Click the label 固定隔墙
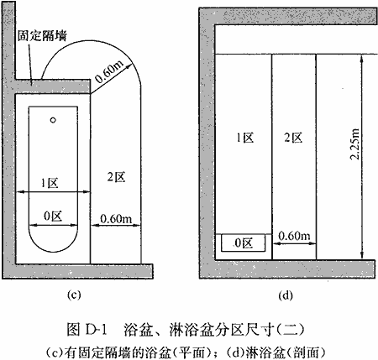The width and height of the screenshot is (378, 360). (x=42, y=36)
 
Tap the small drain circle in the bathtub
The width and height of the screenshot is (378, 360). (x=53, y=120)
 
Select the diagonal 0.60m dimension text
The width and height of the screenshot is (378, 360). (x=109, y=71)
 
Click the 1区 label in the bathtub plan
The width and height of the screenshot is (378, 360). (x=50, y=183)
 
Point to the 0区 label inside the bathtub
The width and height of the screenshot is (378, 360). (x=53, y=216)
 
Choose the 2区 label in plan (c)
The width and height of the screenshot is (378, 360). (x=116, y=177)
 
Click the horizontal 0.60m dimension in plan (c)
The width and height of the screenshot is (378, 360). (x=116, y=219)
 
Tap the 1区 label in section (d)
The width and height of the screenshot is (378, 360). (x=245, y=138)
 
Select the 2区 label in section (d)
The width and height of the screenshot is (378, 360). (x=293, y=138)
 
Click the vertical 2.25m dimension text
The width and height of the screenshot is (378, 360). (x=354, y=144)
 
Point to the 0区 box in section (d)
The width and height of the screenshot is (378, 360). (x=243, y=243)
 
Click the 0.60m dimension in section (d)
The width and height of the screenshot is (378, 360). (x=294, y=237)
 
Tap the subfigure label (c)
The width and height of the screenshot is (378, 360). (x=74, y=295)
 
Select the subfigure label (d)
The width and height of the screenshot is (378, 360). (x=286, y=295)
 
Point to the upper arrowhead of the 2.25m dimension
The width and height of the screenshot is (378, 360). (x=362, y=57)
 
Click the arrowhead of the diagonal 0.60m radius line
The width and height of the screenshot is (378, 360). (x=129, y=66)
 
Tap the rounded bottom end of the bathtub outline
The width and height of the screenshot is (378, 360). (x=53, y=250)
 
